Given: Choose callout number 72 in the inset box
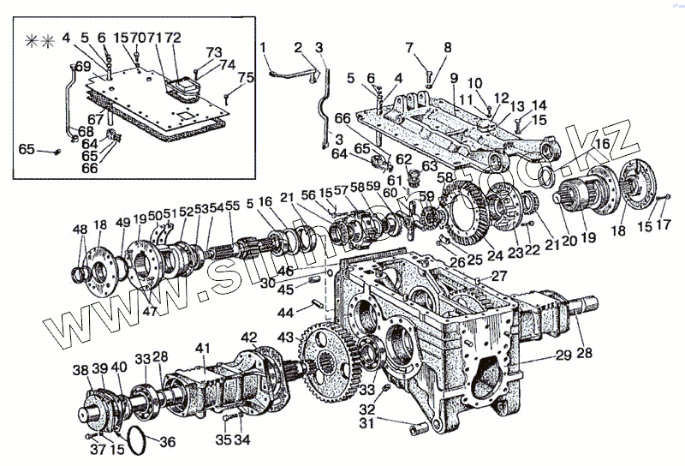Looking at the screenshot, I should tap(172, 38).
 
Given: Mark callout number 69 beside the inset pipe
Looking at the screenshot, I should tap(83, 66).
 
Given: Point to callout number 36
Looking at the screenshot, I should tap(168, 442).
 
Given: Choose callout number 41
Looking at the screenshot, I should tap(202, 348).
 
